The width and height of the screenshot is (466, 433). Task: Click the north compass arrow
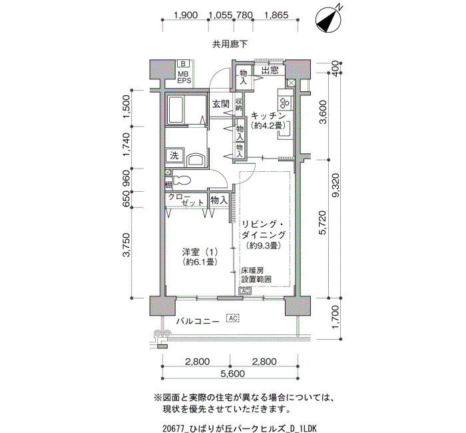click(328, 20)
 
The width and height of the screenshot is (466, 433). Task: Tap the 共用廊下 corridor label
click(230, 45)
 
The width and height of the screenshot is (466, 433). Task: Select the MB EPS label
click(184, 77)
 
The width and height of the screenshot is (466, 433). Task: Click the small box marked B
click(183, 64)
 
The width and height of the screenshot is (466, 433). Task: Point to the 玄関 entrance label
click(220, 104)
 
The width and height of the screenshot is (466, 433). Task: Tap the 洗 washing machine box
click(174, 155)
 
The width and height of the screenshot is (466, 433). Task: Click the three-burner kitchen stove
click(285, 103)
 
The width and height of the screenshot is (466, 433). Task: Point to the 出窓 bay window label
click(270, 71)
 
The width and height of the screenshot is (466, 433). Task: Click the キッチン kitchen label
click(268, 115)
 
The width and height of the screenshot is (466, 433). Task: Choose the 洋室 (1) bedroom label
click(200, 252)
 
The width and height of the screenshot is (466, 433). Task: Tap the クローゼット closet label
click(186, 200)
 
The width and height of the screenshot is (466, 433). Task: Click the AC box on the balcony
click(233, 318)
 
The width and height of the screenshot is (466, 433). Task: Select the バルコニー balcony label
click(198, 322)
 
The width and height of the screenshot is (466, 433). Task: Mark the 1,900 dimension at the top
click(186, 15)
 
